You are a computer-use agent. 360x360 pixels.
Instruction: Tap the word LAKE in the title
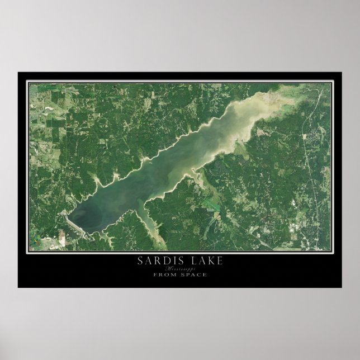coord(206,260)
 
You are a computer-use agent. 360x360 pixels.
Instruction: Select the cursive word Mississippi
coord(179,268)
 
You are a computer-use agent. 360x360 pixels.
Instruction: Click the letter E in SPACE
coord(205,274)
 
